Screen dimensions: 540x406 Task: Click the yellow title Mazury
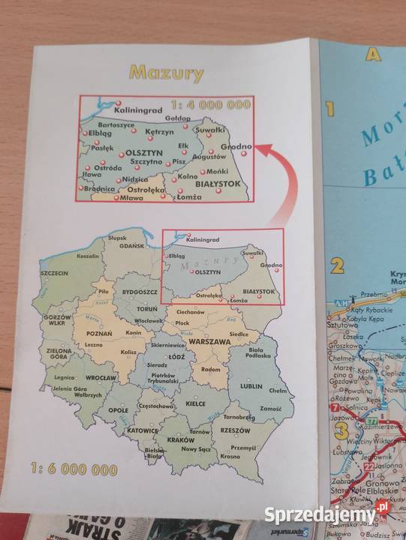point(166,73)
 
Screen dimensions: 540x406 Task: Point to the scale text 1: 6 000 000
point(75,470)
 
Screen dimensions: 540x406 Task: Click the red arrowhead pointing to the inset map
point(259,149)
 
